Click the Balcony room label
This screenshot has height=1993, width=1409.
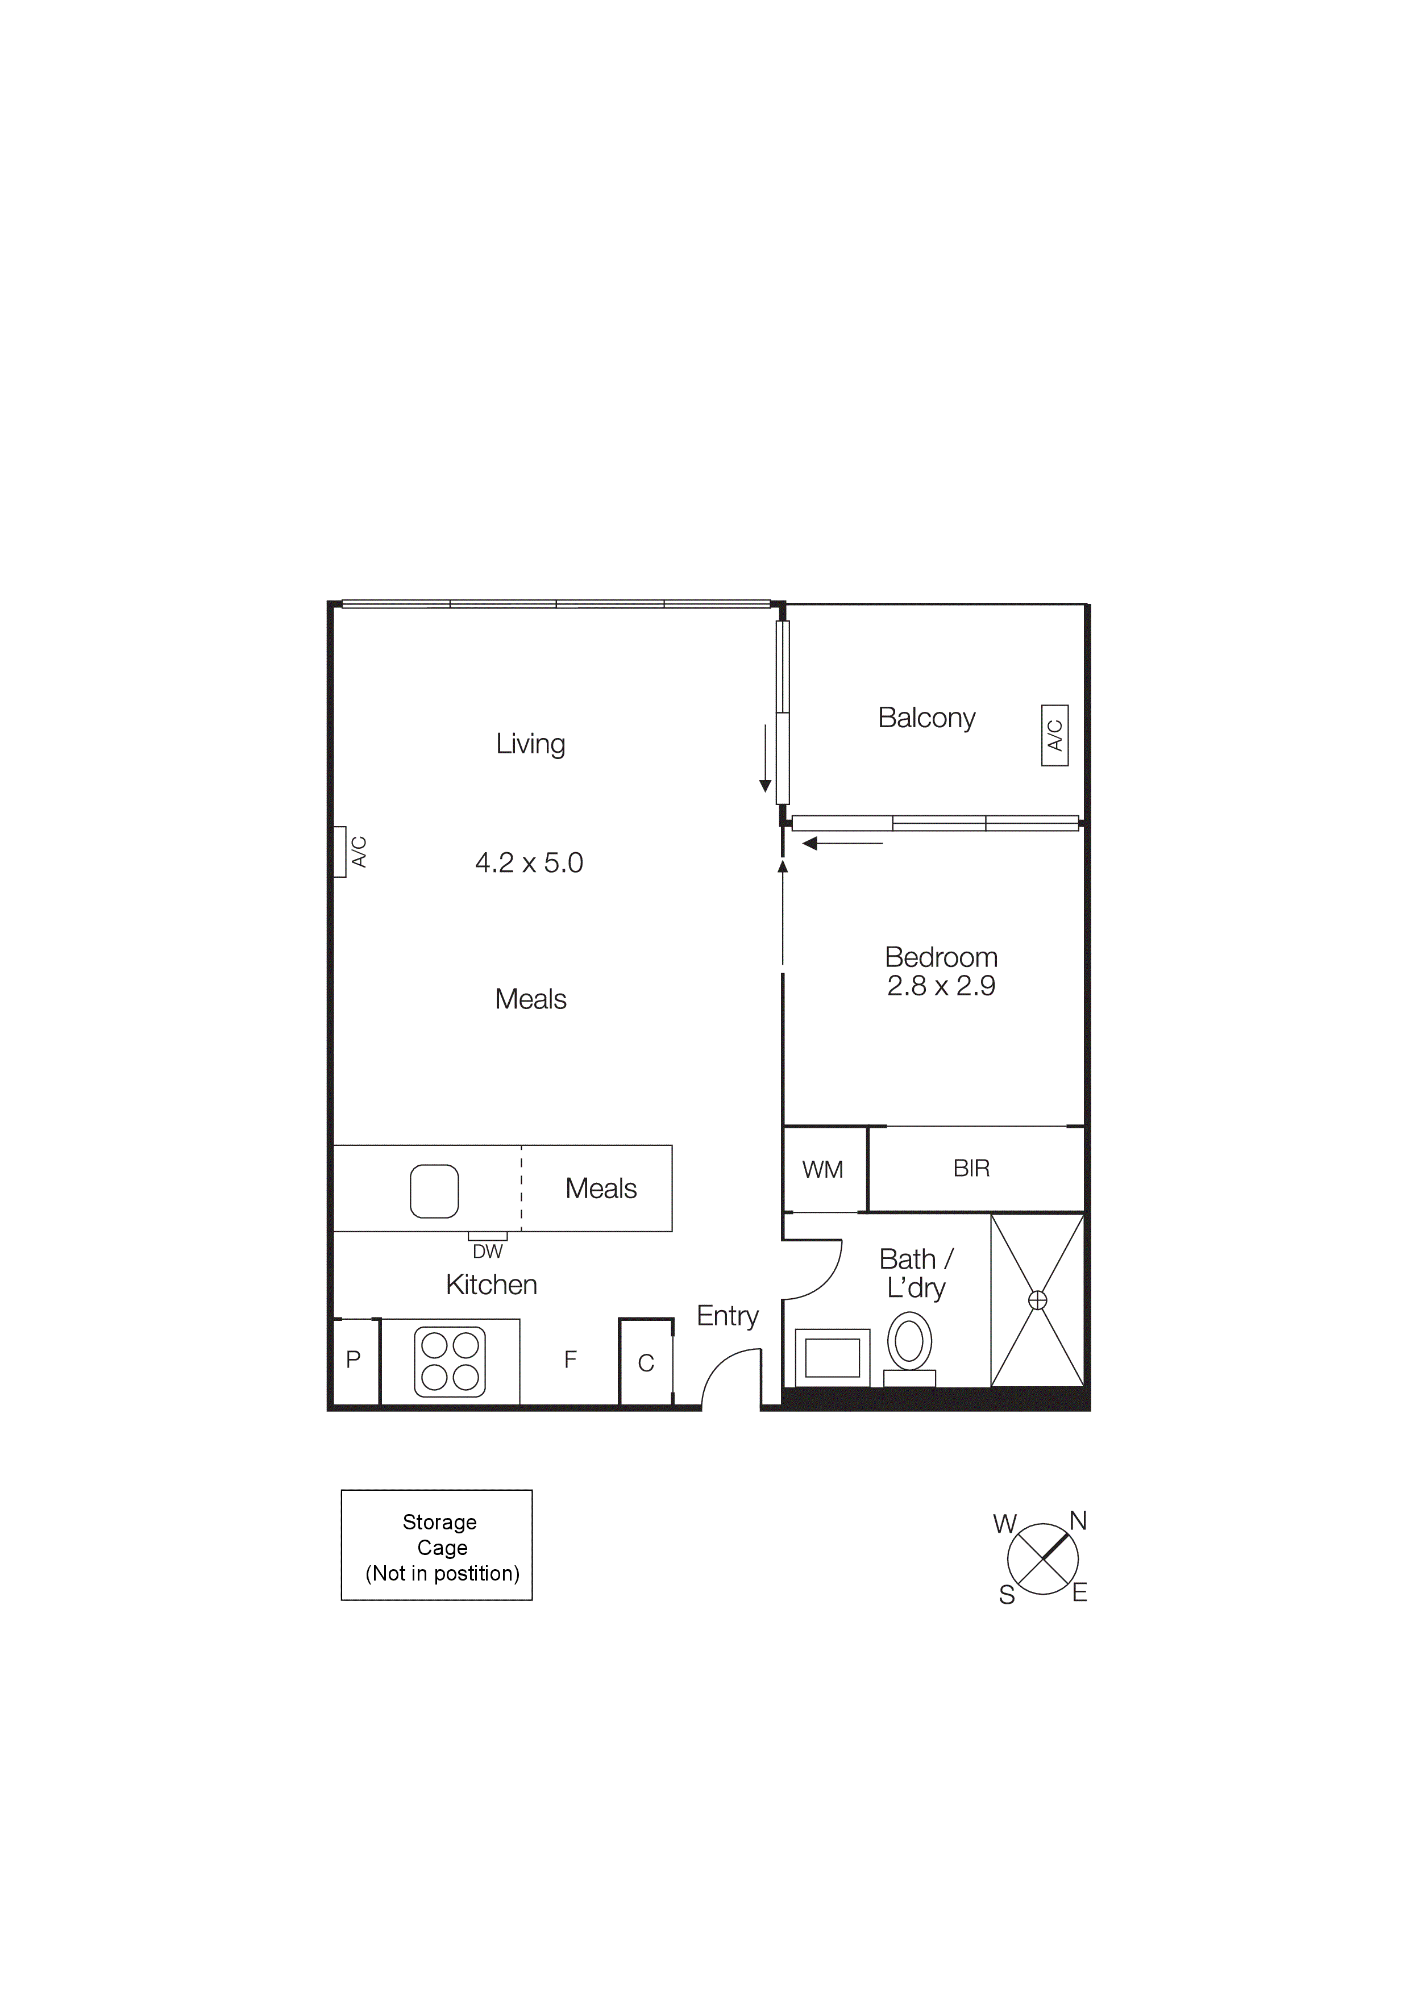click(x=926, y=718)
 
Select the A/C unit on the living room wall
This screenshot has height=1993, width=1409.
click(x=341, y=852)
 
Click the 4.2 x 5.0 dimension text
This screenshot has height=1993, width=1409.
click(x=529, y=863)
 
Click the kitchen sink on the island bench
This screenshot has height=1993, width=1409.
click(x=434, y=1191)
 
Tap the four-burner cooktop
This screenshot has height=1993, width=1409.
click(x=450, y=1361)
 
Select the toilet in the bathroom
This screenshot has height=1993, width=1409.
click(x=909, y=1342)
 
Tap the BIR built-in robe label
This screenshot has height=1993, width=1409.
click(x=971, y=1169)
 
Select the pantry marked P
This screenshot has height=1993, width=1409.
click(x=354, y=1360)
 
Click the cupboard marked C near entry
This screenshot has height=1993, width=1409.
click(x=646, y=1363)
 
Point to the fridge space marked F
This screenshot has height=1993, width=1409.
click(x=571, y=1360)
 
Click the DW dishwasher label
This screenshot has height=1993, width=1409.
click(x=488, y=1252)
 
